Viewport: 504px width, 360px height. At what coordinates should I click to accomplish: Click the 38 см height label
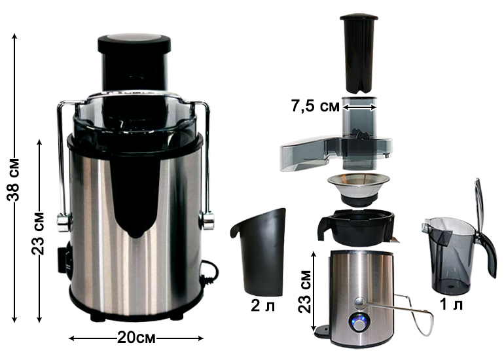click(14, 179)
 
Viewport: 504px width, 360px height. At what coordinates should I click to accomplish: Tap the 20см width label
click(136, 338)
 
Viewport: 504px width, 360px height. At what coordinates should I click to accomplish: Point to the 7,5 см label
click(315, 106)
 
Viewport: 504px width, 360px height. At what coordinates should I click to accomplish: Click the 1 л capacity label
click(451, 304)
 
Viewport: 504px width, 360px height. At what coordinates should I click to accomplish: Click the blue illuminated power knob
click(360, 323)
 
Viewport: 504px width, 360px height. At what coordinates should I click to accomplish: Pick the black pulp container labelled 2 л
click(259, 252)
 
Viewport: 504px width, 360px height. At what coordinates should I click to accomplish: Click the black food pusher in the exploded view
click(359, 54)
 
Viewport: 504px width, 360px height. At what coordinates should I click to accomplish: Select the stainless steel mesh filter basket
click(359, 189)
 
